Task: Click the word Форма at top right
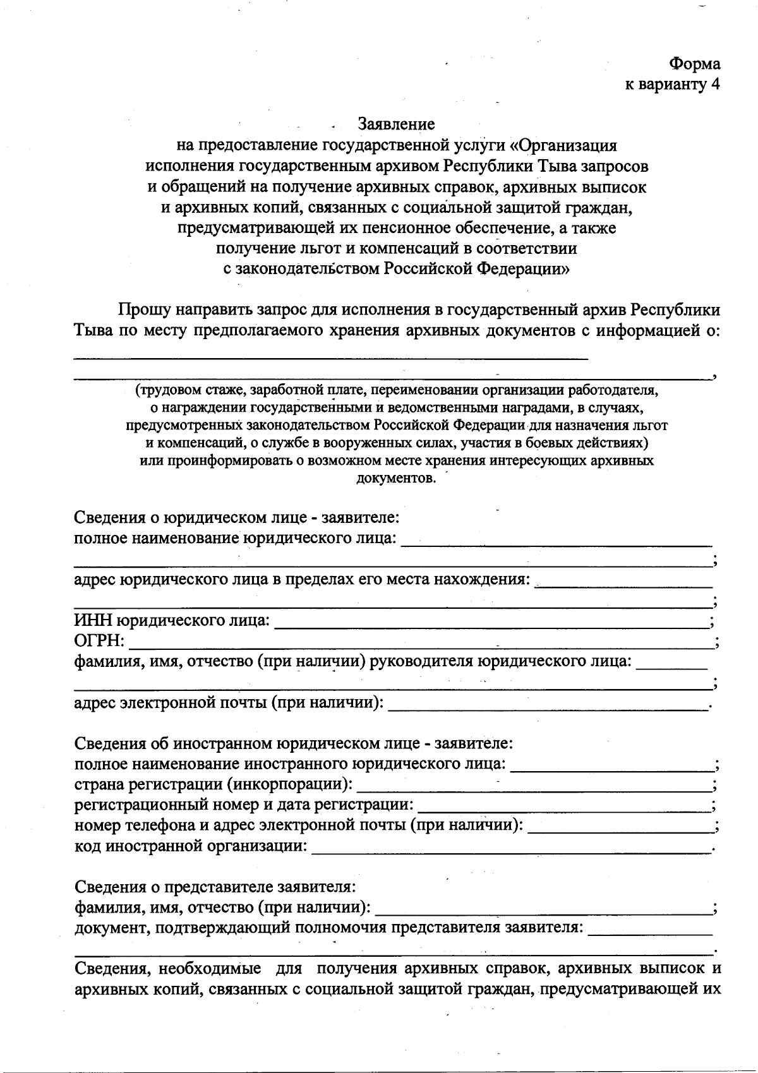(694, 64)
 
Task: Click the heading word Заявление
(396, 123)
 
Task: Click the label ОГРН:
(99, 642)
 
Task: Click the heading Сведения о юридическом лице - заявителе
(236, 518)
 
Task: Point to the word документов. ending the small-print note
(396, 477)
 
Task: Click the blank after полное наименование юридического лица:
(556, 541)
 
